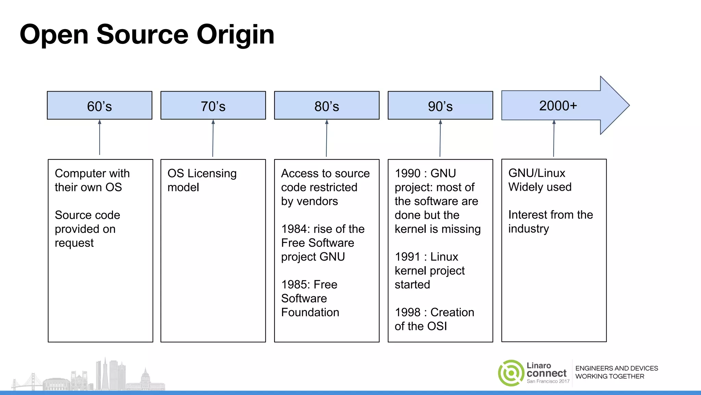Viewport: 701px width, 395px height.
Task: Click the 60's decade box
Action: tap(99, 106)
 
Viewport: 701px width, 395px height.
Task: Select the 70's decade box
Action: tap(213, 106)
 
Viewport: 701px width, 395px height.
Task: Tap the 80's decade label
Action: tap(327, 106)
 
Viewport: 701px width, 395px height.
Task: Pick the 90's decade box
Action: tap(440, 106)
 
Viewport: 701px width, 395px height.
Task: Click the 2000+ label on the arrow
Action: tap(558, 106)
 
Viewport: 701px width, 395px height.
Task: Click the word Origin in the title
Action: tap(235, 35)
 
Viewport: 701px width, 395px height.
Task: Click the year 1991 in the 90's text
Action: tap(407, 257)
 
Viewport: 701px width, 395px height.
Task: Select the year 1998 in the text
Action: tap(407, 312)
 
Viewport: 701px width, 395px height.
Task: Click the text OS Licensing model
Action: tap(202, 180)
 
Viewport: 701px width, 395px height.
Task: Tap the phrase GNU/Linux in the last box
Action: tap(536, 173)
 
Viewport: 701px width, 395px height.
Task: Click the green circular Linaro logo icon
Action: tap(511, 373)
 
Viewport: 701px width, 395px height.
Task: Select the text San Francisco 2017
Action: tap(548, 381)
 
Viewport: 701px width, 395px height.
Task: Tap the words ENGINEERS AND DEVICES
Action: tap(616, 368)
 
